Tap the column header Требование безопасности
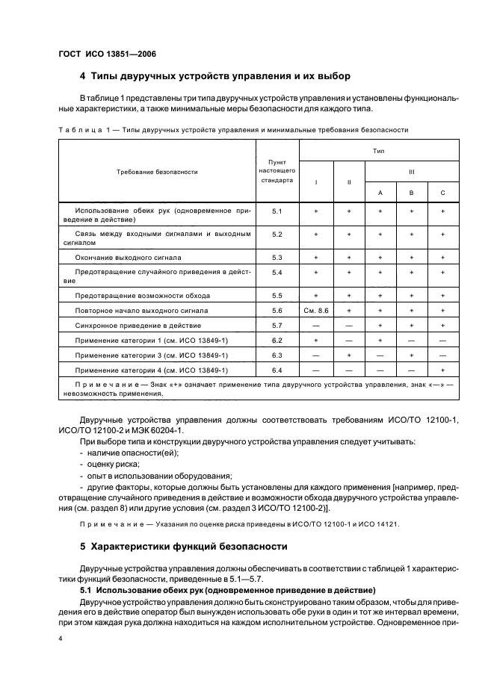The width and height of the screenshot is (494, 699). pos(157,172)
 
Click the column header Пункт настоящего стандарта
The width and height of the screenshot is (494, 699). pos(277,171)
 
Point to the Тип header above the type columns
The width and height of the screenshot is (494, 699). pos(379,150)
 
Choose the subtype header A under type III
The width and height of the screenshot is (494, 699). pos(380,193)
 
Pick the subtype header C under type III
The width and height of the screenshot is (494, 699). pos(442,193)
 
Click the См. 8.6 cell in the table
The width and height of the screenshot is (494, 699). pos(316,310)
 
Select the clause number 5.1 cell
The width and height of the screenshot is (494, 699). pos(277,212)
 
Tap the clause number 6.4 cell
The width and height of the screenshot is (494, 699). pos(277,370)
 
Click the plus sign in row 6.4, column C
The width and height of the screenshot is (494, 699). pos(442,370)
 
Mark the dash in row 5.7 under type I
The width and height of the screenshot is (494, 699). pos(316,326)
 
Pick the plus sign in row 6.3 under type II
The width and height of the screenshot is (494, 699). pos(348,355)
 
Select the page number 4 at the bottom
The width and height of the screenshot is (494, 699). pos(61,640)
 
